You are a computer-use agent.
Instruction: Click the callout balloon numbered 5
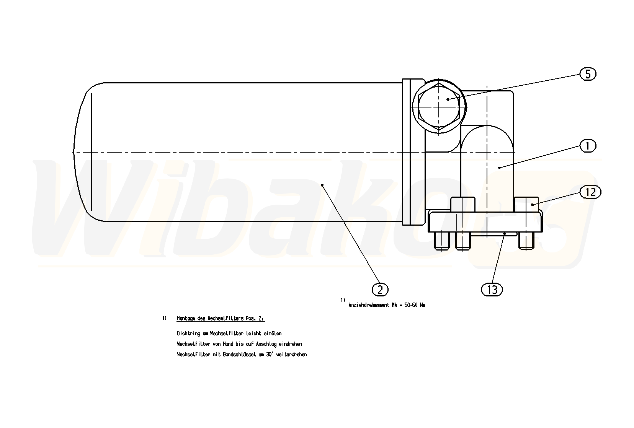coord(588,74)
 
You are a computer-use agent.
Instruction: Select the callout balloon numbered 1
coord(588,146)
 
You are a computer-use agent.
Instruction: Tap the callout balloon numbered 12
coord(590,192)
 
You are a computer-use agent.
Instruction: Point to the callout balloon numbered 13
coord(492,290)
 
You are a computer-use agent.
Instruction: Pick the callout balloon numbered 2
coord(380,290)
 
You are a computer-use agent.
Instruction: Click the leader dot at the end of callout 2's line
coord(322,185)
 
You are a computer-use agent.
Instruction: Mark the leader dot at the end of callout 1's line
coord(499,168)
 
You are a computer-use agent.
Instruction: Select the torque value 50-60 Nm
coord(415,305)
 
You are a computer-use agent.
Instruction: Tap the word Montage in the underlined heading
coord(186,318)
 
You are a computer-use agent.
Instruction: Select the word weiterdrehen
coord(291,355)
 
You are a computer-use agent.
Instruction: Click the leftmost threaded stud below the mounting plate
coord(441,241)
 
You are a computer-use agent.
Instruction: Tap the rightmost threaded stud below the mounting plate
coord(526,241)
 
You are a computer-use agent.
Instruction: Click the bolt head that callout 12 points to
coord(526,205)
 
